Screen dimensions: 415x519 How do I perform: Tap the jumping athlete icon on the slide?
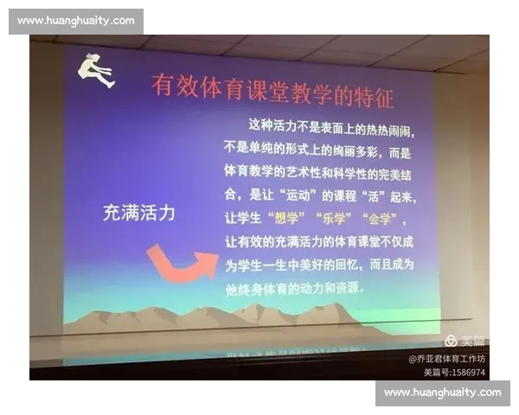tap(97, 70)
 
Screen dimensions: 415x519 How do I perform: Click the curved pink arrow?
tap(181, 262)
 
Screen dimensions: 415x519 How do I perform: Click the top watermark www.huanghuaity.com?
tap(76, 21)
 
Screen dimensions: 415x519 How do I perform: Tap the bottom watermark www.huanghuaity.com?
tap(442, 393)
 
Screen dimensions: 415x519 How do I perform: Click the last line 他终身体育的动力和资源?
tap(295, 289)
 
